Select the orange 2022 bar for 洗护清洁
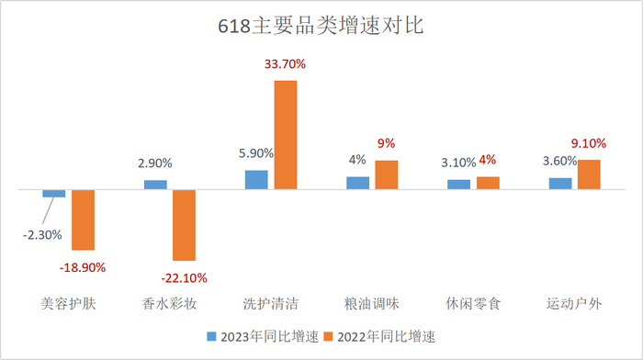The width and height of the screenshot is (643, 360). point(286,135)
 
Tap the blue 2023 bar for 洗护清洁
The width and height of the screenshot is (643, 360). point(256,180)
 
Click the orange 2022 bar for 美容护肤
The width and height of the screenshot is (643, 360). point(84,219)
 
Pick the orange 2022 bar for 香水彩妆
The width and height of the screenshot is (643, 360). point(185,225)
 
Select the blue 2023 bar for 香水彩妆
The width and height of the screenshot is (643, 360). point(155,185)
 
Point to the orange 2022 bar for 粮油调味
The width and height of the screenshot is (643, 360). point(387,174)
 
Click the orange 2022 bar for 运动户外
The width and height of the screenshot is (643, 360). point(589,174)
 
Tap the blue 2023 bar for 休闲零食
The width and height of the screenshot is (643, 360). point(458,185)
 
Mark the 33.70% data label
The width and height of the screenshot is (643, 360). point(286,65)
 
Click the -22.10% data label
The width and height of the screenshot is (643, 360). point(183,277)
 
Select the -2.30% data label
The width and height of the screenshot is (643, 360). point(42,234)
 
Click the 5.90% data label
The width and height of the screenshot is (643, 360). point(254,153)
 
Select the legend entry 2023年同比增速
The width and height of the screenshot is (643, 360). point(262,336)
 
